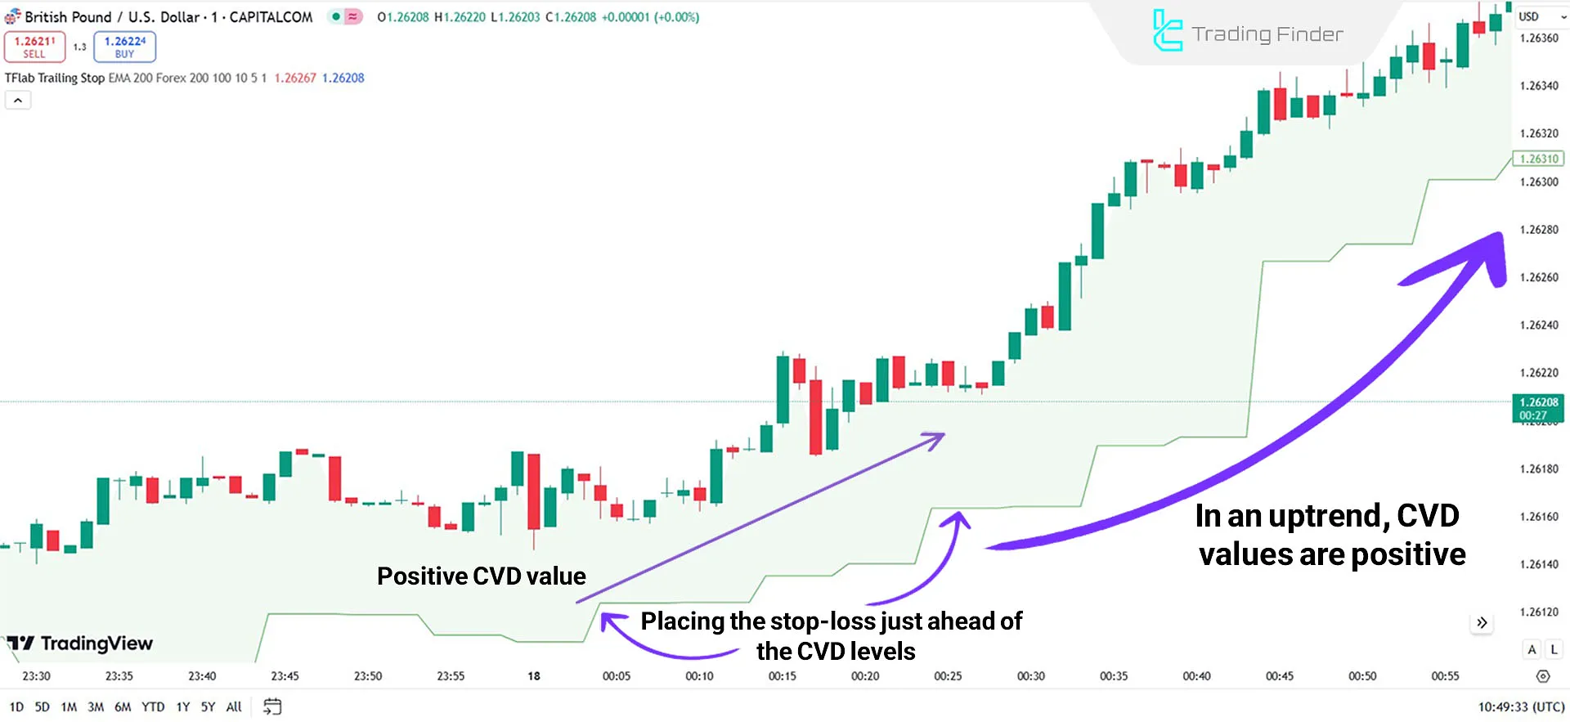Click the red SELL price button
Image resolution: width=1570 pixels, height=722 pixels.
coord(34,47)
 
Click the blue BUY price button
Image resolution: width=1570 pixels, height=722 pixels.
coord(124,47)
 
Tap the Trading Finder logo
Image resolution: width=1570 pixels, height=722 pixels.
coord(1247,33)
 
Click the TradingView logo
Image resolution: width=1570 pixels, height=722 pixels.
coord(80,644)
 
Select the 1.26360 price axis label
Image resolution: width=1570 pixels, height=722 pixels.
coord(1538,38)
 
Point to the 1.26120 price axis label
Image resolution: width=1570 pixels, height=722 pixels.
coord(1538,612)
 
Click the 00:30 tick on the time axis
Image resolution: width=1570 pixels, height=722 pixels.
coord(1030,676)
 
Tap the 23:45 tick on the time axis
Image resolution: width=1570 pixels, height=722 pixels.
coord(285,676)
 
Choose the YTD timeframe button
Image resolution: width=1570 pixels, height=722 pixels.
coord(153,706)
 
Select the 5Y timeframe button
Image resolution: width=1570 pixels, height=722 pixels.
coord(208,706)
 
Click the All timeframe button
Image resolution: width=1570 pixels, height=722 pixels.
coord(234,706)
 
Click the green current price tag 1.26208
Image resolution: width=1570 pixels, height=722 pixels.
coord(1538,408)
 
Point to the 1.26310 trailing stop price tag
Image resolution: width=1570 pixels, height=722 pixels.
coord(1538,159)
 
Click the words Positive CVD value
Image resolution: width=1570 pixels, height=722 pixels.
coord(481,576)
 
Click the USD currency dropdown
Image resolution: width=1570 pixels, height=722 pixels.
coord(1541,16)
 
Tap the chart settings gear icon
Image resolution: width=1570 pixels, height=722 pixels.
coord(1543,676)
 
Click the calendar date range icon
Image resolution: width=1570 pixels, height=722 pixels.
coord(272,706)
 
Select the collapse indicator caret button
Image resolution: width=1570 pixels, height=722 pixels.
coord(18,101)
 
